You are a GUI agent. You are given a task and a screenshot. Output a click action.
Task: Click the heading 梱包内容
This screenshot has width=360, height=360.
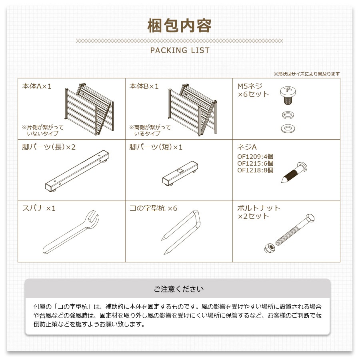coord(180,26)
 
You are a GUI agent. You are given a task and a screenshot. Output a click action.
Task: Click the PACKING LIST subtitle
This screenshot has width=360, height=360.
coord(180,50)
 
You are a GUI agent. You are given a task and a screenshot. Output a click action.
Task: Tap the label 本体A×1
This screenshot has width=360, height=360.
coord(37,86)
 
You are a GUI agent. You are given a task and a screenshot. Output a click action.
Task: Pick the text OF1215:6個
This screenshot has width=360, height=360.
coord(255,164)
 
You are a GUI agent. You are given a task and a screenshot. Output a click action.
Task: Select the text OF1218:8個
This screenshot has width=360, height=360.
coord(255,170)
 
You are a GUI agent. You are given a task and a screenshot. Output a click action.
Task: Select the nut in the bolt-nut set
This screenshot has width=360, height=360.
coord(268,248)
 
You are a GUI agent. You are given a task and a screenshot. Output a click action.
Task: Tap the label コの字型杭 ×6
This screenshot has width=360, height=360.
coord(153,208)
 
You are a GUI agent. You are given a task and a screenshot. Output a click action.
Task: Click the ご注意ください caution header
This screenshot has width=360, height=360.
coord(178,289)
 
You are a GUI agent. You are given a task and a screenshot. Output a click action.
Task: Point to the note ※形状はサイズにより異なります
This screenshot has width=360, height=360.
coord(306,74)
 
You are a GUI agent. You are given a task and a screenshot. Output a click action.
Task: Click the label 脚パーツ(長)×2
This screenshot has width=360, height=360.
coord(49,147)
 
